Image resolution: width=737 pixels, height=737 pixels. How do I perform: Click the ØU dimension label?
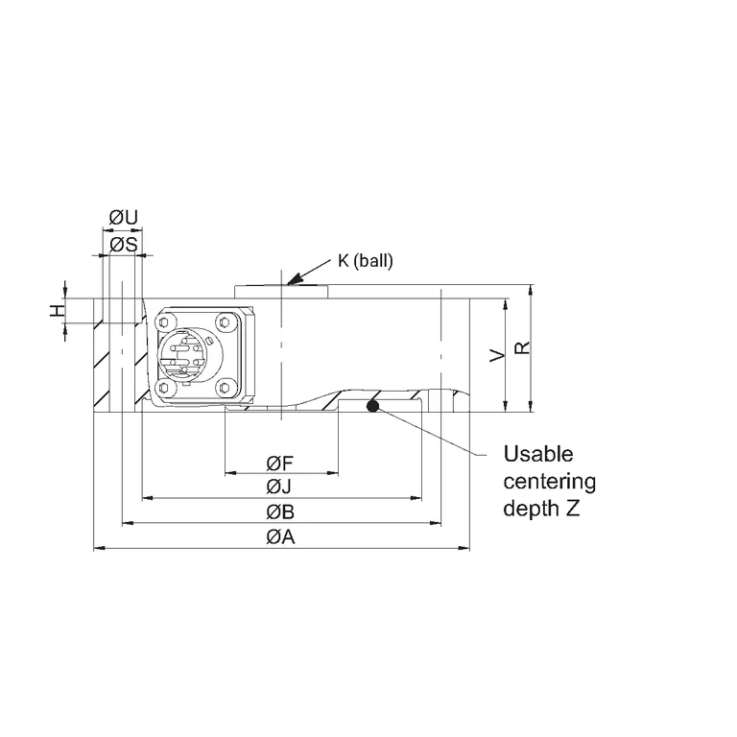124,218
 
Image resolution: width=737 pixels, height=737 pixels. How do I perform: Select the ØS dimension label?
124,245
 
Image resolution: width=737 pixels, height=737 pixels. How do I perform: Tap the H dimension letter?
58,310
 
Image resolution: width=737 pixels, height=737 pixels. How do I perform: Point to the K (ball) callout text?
366,261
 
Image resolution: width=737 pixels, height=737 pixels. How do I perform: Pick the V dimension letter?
497,355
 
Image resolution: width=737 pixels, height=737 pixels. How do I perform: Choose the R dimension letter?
522,347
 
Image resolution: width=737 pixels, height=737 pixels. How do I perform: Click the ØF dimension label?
279,464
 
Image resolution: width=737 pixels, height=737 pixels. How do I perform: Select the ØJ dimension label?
278,486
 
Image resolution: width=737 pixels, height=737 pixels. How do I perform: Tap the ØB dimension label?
280,511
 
